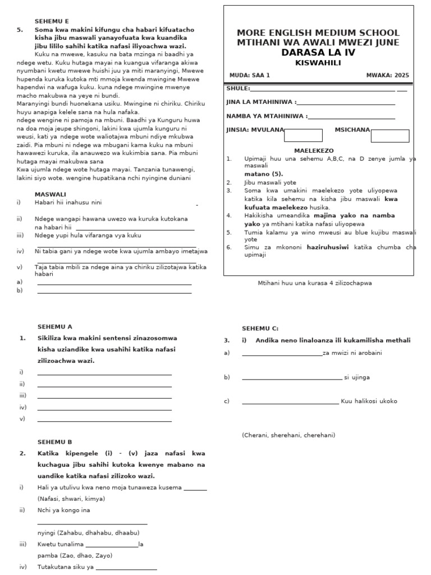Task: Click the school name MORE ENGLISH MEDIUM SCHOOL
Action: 318,33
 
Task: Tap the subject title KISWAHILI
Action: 318,62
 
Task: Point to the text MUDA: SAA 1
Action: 250,75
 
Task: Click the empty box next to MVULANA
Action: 303,135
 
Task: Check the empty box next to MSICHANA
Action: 389,135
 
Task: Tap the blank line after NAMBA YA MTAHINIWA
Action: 351,117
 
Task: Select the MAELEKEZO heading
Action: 314,150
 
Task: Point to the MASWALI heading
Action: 50,194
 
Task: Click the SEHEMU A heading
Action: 54,326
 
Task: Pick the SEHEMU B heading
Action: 54,442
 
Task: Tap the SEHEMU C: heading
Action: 260,328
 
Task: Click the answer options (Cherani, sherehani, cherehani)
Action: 288,435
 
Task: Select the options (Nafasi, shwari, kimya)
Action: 71,499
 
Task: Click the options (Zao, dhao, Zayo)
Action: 75,555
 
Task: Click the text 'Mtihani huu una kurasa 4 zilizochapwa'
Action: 314,283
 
